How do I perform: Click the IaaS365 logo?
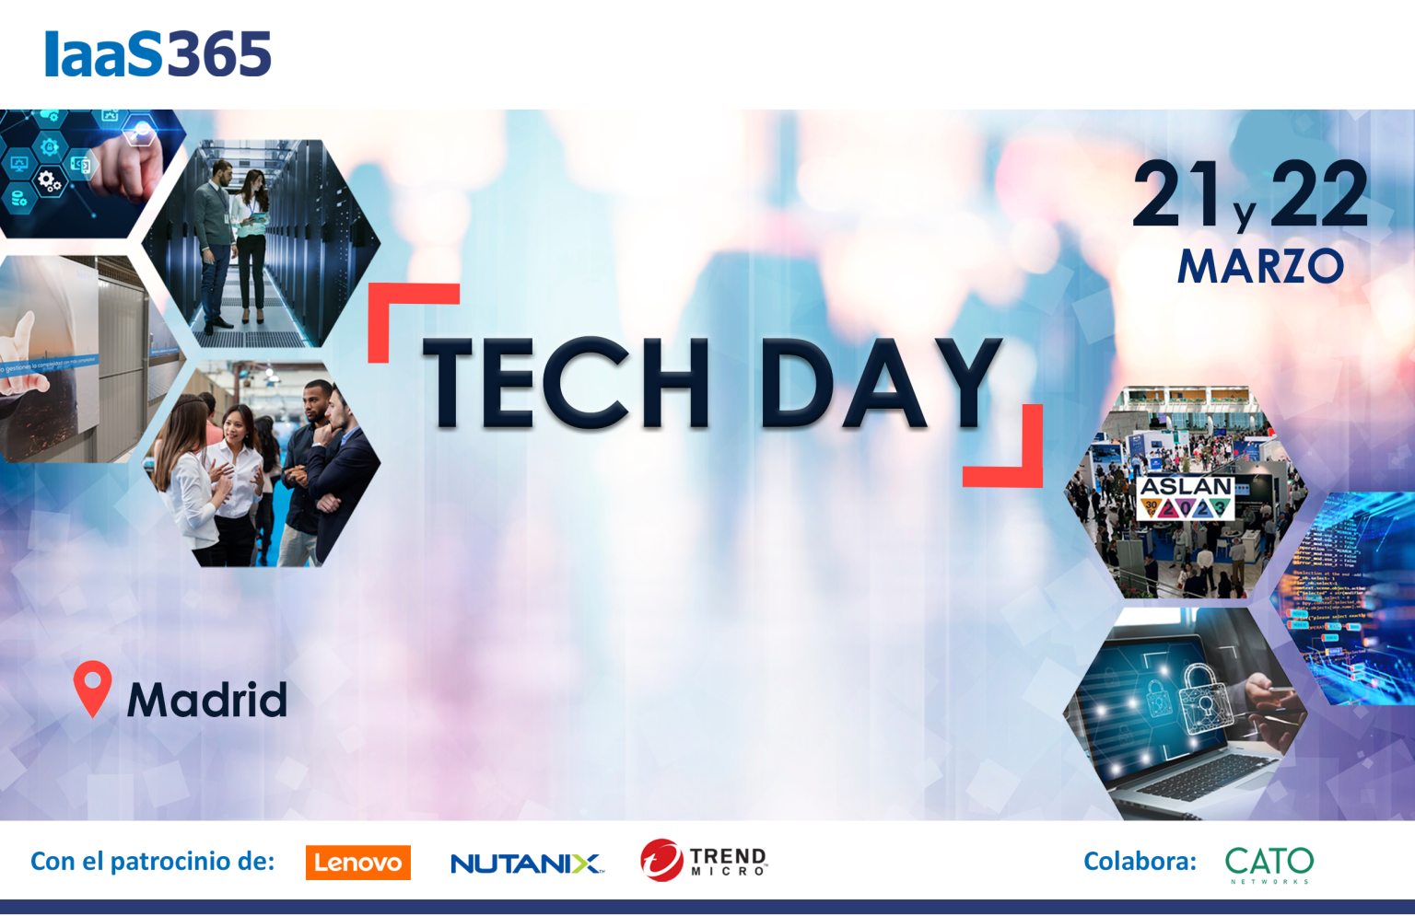click(x=158, y=54)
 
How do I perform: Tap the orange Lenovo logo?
click(x=357, y=863)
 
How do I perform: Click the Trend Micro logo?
click(x=704, y=861)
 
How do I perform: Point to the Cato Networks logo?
click(x=1269, y=864)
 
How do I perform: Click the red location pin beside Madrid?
click(x=92, y=687)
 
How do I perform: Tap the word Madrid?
click(x=207, y=700)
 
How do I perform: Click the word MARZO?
click(x=1260, y=267)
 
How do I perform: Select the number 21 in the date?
click(x=1170, y=194)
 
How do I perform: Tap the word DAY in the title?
click(x=880, y=385)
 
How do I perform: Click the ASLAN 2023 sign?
click(x=1186, y=497)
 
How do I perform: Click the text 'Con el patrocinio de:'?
click(x=153, y=862)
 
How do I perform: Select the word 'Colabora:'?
click(x=1140, y=862)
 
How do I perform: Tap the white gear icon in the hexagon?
click(x=48, y=180)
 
